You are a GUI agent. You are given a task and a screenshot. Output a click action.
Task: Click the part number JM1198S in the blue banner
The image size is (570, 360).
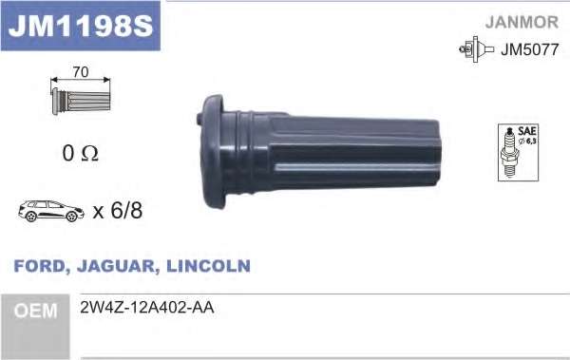point(81,26)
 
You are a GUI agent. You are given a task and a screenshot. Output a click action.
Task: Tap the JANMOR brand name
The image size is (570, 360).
point(522,22)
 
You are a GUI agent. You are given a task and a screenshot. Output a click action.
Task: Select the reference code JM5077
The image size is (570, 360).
point(530,49)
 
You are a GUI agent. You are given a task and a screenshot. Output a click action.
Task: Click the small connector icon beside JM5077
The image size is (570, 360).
point(476,49)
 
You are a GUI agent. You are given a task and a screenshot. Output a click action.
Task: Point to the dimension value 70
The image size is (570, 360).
point(81,72)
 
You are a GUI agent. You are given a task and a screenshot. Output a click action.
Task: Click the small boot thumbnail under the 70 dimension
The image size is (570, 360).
point(81,101)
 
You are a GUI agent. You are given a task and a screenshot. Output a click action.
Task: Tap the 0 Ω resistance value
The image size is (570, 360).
point(81,153)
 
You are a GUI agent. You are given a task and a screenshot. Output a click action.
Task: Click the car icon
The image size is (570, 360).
point(51,211)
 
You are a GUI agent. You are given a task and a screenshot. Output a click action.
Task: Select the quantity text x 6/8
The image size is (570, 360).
point(118,211)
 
